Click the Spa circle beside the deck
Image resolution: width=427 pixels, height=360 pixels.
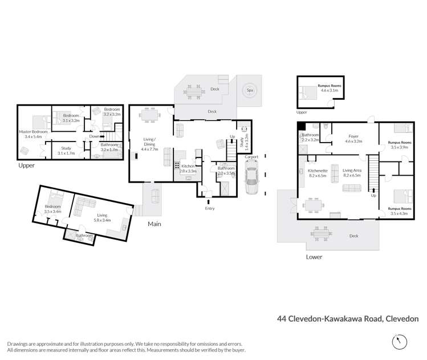[249, 90]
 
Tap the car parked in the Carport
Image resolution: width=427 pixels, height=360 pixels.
[251, 179]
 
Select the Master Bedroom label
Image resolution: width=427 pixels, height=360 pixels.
[32, 135]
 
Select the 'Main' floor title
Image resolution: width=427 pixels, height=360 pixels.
[154, 224]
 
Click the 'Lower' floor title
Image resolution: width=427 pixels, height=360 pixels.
[314, 257]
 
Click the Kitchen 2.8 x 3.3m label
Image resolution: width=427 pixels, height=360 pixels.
[188, 168]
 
